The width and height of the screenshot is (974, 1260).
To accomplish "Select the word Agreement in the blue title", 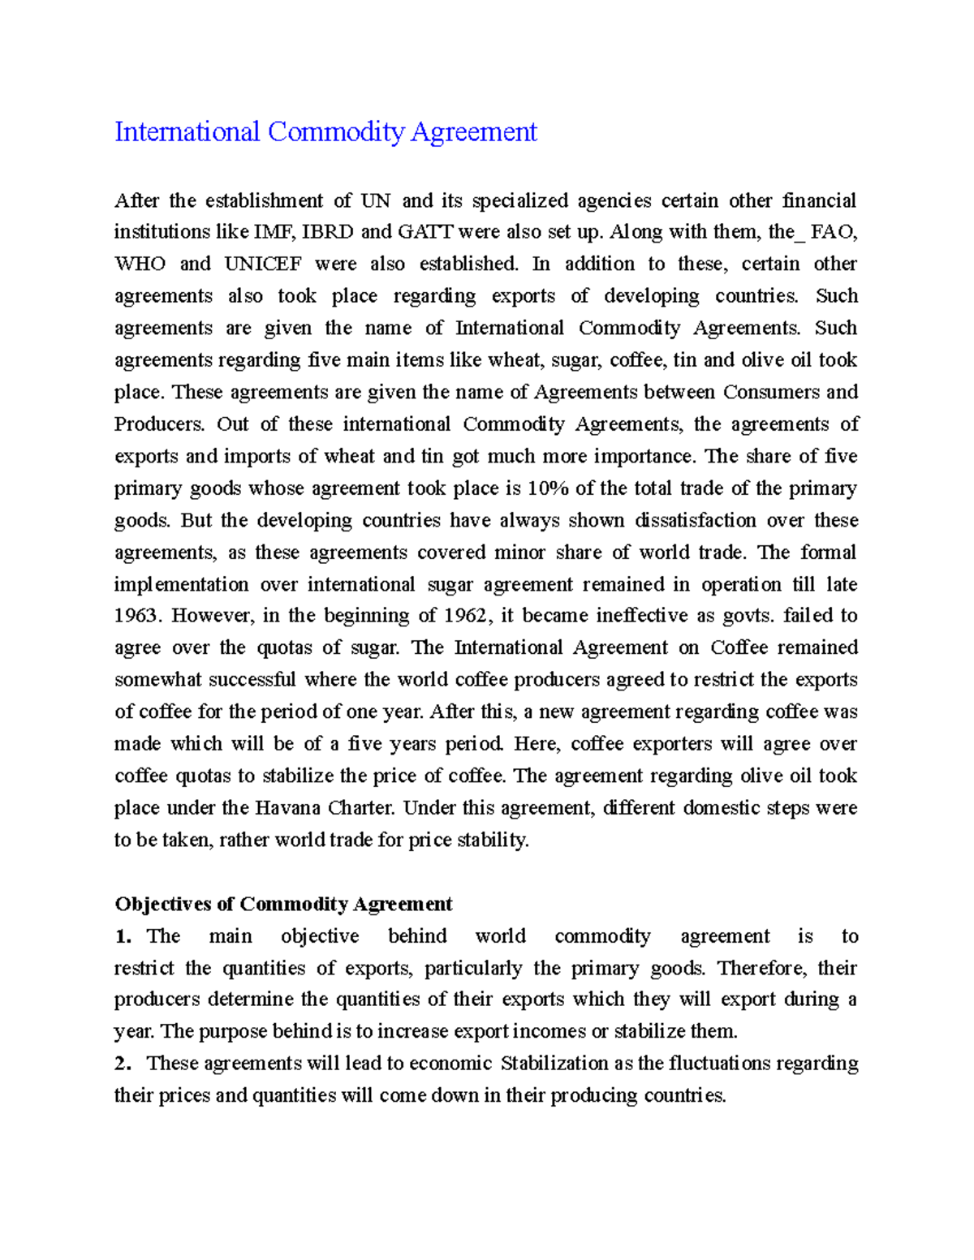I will [473, 131].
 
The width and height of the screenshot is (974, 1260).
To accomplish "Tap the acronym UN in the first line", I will [375, 200].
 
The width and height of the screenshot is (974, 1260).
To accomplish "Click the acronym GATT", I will [425, 232].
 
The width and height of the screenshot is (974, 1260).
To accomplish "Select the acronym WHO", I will [140, 264].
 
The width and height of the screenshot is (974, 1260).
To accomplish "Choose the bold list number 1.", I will [123, 936].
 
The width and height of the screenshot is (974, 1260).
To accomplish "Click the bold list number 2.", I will [123, 1064].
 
